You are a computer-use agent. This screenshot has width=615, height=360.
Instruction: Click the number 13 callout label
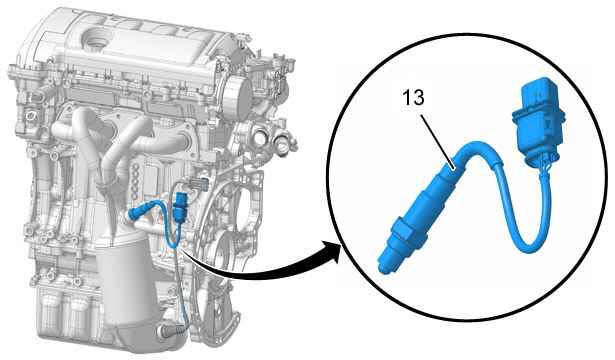(413, 97)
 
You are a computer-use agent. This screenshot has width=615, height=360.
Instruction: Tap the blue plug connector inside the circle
(539, 119)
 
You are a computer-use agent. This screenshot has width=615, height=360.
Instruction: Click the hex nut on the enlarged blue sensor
(405, 232)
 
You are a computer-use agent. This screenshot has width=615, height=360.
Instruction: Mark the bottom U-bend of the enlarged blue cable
(528, 243)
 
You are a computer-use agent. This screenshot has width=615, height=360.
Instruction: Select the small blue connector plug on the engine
(180, 207)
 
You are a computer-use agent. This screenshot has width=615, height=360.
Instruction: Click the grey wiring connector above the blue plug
(198, 183)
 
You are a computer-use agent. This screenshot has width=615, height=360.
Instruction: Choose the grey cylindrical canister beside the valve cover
(238, 96)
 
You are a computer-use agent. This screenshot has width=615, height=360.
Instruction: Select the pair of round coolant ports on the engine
(272, 141)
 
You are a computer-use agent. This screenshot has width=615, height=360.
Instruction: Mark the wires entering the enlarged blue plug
(543, 165)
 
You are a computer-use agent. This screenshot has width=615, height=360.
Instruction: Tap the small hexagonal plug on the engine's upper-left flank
(31, 116)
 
